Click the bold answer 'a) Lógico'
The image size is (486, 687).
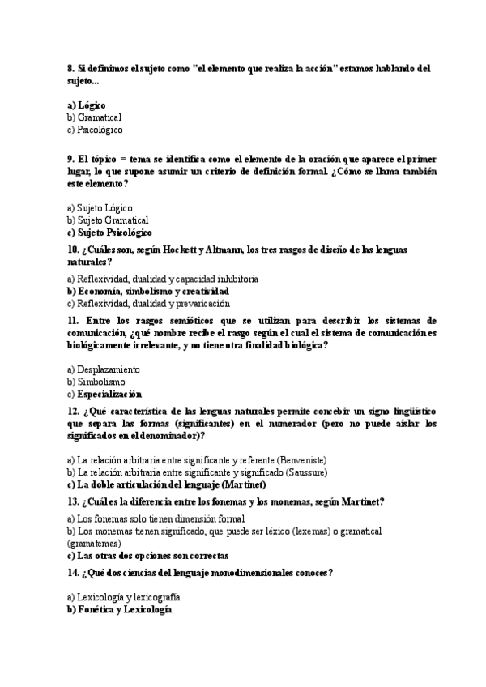coord(87,105)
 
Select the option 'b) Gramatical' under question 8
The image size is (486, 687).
coord(94,117)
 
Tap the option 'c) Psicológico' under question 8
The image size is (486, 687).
coord(95,130)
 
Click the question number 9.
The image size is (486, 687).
coord(71,160)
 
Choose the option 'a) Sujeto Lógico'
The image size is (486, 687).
coord(100,208)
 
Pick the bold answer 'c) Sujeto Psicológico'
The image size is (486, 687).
coord(109,233)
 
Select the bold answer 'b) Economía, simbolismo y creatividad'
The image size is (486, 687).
coord(148,291)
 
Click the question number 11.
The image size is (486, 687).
coord(72,321)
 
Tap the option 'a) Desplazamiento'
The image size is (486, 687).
coord(103,369)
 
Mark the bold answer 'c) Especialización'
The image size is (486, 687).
coord(104,394)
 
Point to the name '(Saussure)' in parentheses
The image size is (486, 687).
coord(305,472)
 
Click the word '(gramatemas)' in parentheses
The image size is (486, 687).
coord(93,544)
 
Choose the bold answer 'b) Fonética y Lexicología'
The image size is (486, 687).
coord(120,609)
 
